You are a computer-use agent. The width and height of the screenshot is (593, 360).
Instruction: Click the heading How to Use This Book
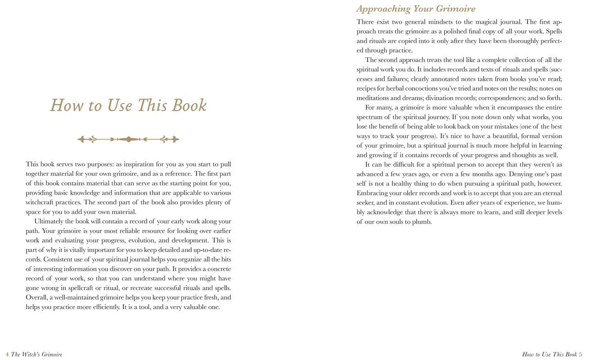pos(128,105)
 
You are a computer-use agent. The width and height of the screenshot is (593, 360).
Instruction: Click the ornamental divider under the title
pos(128,139)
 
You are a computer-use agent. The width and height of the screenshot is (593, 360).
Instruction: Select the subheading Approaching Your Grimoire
pos(416,9)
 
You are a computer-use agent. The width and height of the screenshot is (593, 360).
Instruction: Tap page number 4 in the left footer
pos(7,355)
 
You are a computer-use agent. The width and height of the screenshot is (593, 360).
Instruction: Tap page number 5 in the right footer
pos(581,355)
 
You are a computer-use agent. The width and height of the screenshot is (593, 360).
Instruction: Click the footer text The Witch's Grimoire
pos(36,355)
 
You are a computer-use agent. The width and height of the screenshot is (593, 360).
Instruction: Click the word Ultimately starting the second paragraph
pos(51,221)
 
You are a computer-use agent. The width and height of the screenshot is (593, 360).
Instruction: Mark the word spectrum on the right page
pos(371,117)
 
